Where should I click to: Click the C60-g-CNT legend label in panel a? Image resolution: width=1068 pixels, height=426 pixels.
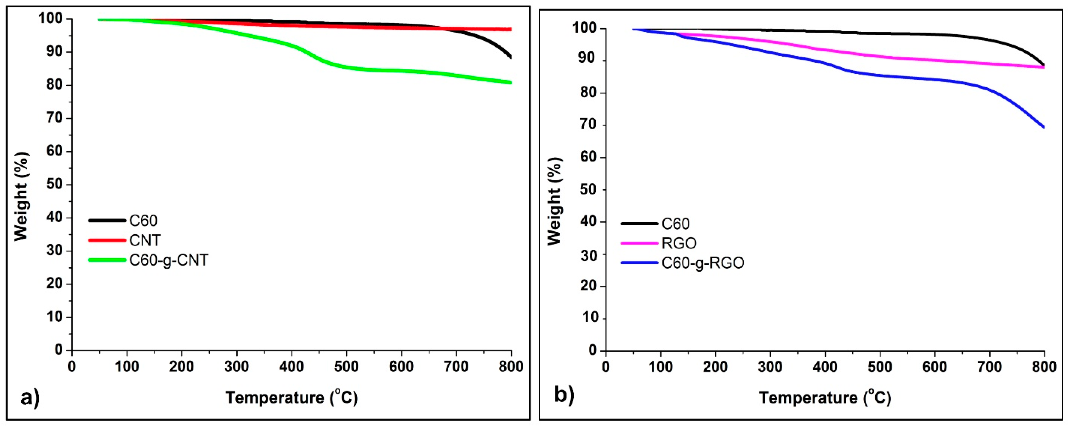click(168, 260)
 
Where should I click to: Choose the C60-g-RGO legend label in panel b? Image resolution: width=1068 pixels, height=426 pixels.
click(703, 263)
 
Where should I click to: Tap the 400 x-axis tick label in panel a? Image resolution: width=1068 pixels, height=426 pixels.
click(291, 367)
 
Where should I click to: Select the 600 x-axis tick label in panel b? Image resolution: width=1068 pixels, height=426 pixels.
click(935, 367)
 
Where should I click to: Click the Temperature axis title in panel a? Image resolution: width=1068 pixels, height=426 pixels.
click(291, 397)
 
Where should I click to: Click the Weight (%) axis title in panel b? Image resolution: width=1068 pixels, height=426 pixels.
click(554, 201)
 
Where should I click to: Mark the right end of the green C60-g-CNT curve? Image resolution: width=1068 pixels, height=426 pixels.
click(510, 83)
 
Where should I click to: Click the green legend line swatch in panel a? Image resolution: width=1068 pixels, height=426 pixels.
click(107, 260)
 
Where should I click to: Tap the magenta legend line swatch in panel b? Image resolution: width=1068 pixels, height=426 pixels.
click(639, 243)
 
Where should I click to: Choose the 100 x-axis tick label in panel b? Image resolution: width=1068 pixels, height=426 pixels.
click(660, 367)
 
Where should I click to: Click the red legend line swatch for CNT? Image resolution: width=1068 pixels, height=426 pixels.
click(107, 240)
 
